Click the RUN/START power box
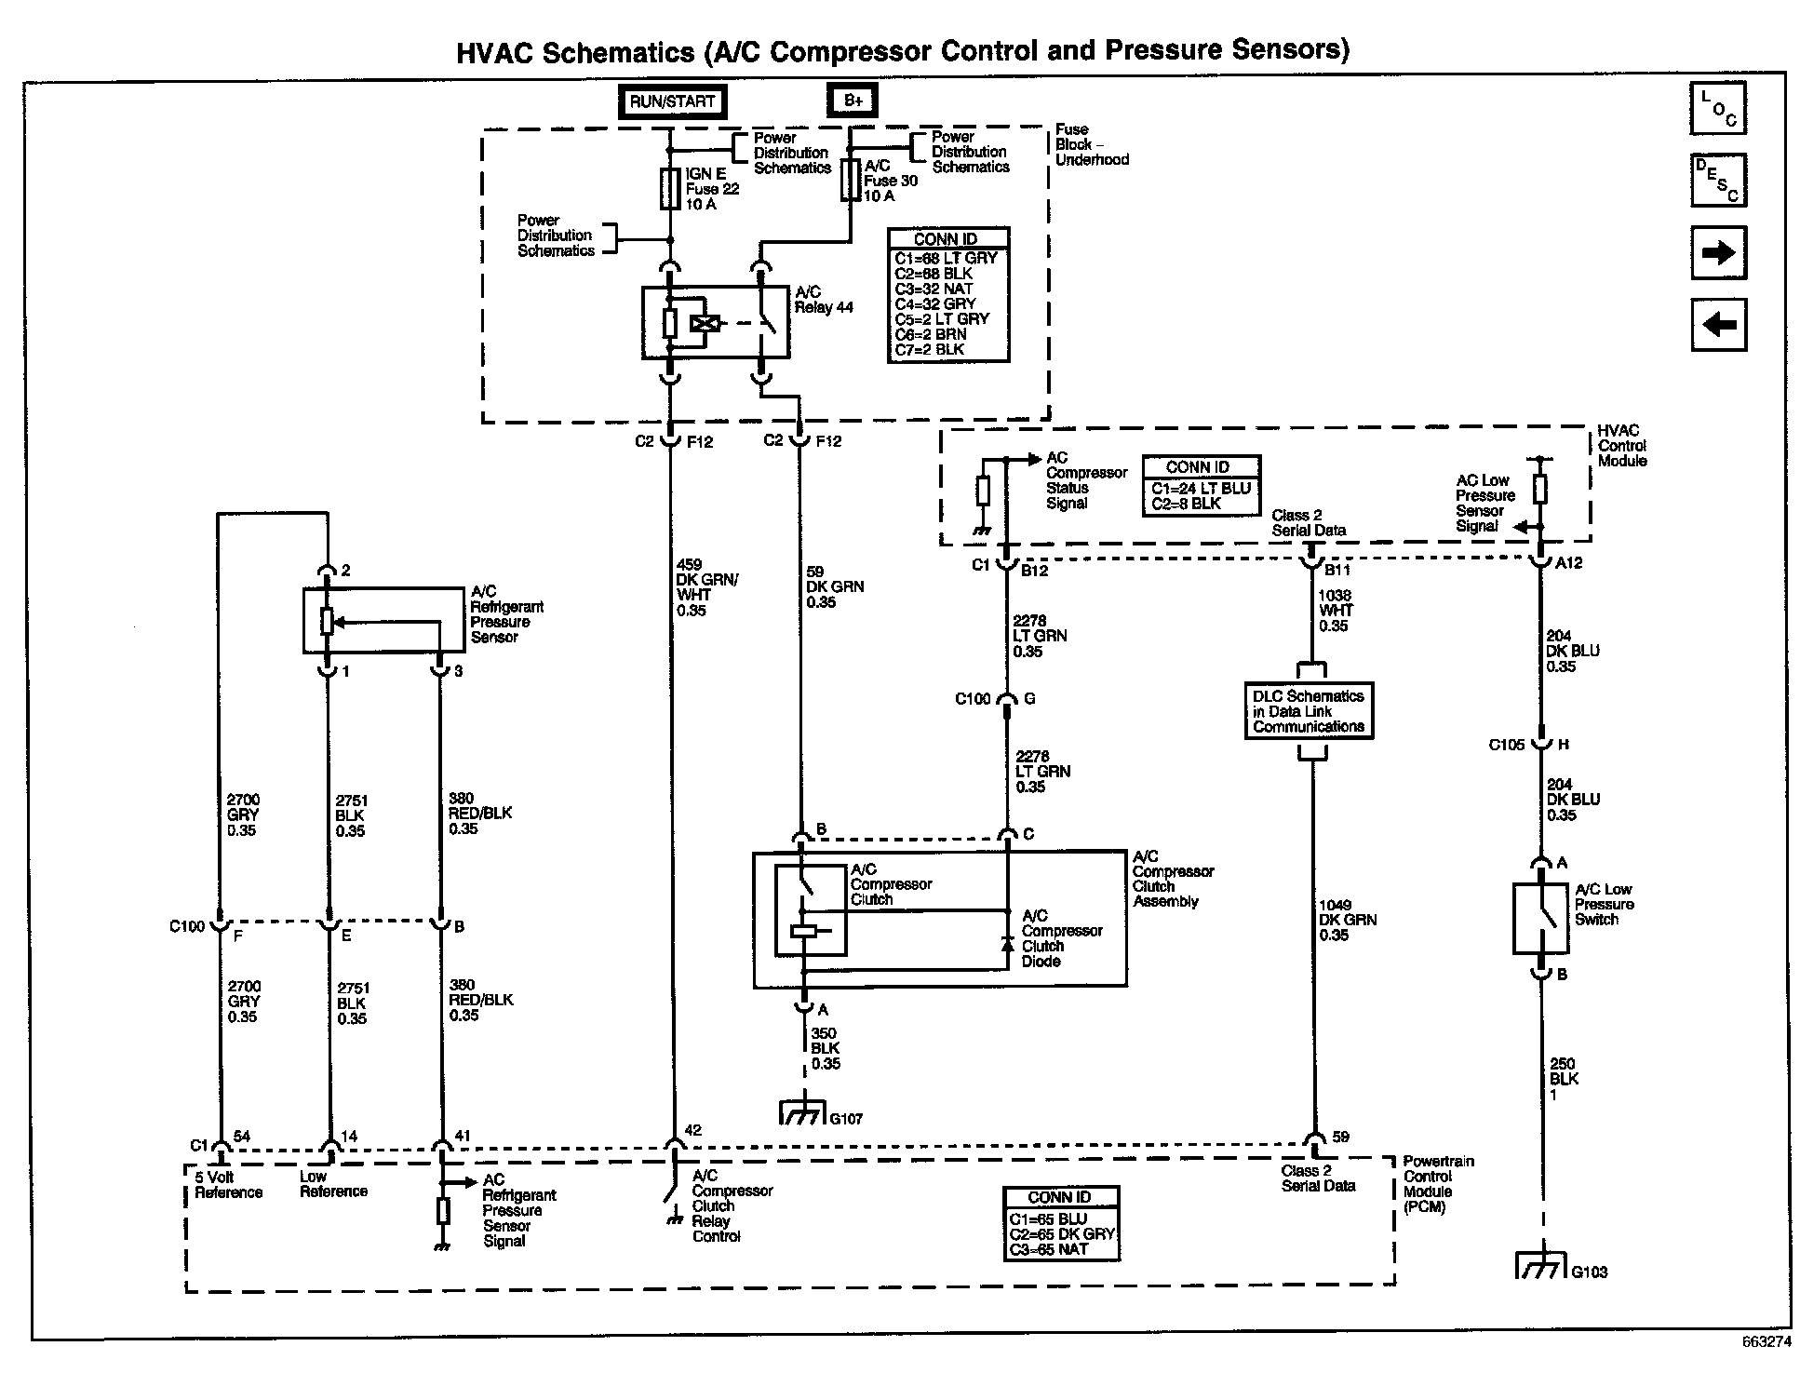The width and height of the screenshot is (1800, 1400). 672,101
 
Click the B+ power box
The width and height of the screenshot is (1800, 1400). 852,101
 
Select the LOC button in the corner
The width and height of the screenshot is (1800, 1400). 1717,109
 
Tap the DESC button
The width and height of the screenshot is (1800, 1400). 1717,180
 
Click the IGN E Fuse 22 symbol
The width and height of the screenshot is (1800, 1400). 669,188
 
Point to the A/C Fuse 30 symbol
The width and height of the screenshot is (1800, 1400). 849,180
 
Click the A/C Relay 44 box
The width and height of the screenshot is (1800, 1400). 715,323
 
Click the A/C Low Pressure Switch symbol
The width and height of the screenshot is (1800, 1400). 1540,918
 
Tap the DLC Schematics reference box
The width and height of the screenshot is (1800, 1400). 1308,711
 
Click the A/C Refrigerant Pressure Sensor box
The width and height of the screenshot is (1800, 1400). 383,620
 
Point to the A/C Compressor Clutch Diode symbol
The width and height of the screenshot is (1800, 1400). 1006,943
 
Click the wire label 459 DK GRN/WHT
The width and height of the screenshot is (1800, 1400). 693,587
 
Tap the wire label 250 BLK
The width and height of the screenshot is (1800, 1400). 1564,1079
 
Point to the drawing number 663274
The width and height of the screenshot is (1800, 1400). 1765,1369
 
